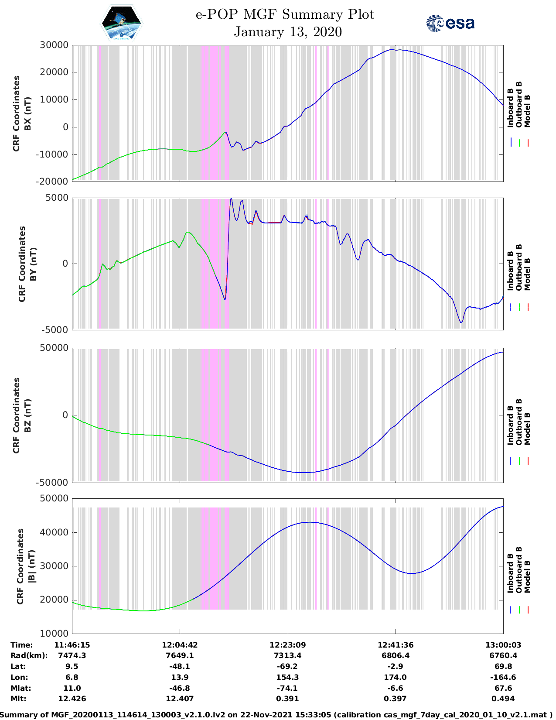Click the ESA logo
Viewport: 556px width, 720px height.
coord(450,23)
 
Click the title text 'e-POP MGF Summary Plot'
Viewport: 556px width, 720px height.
coord(285,14)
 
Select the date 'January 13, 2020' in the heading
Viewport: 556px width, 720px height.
coord(288,32)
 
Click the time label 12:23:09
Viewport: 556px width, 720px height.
coord(287,645)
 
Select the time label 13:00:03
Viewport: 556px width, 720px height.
coord(503,645)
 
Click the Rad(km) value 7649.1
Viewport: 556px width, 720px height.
coord(180,655)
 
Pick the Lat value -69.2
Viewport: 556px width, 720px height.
coord(287,666)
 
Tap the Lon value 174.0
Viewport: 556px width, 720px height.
coord(395,677)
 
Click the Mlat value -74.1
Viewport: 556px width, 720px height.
coord(287,688)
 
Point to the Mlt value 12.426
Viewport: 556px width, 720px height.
coord(72,699)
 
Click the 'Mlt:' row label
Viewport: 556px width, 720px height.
coord(18,699)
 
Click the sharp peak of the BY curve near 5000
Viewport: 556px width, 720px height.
coord(231,199)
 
